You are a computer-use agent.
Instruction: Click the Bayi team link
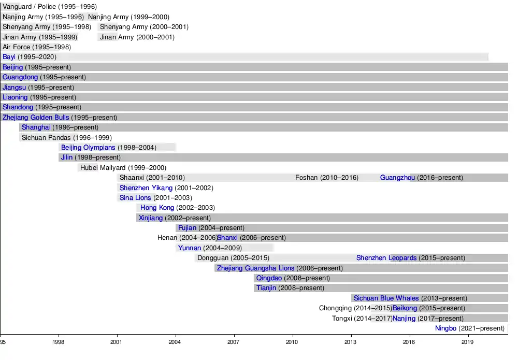tap(9, 57)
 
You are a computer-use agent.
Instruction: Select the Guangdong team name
tap(20, 77)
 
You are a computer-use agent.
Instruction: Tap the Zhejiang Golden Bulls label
tap(36, 118)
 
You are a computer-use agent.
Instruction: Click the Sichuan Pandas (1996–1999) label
tap(66, 138)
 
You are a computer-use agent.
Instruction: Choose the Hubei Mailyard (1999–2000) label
tap(123, 168)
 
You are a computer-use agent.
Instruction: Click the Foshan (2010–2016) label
tap(326, 178)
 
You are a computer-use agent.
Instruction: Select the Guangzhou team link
tap(397, 178)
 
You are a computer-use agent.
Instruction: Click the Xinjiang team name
tap(150, 218)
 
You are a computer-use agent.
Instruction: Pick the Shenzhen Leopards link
tap(386, 258)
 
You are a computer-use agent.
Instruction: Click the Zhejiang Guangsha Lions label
tap(255, 268)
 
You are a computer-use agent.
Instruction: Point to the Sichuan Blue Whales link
tap(386, 298)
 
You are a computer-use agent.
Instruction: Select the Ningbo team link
tap(445, 328)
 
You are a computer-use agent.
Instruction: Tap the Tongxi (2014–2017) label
tap(362, 319)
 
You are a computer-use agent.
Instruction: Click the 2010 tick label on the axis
tap(293, 342)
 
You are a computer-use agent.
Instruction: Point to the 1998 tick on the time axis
tap(59, 342)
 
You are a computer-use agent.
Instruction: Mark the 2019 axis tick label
tap(468, 342)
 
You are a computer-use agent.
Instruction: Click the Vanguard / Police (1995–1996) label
tap(49, 7)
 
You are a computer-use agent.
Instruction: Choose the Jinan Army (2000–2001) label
tap(137, 37)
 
